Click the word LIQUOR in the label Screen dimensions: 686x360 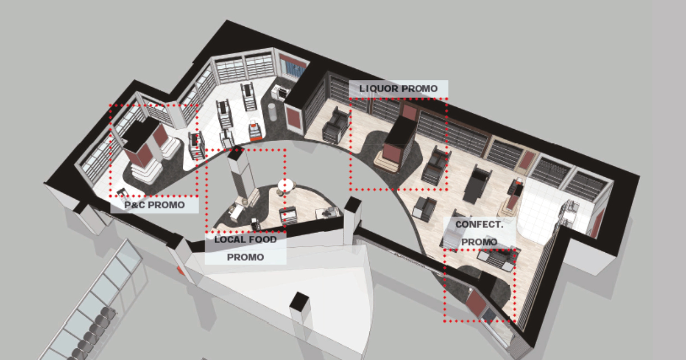click(x=379, y=89)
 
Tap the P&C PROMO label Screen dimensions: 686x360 click(x=154, y=205)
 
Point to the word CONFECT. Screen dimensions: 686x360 click(x=479, y=224)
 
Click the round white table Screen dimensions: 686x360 click(x=286, y=184)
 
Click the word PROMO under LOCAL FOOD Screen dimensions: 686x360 click(x=245, y=257)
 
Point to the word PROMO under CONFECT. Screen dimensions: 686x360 click(x=479, y=242)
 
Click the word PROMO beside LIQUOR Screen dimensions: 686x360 click(x=419, y=89)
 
